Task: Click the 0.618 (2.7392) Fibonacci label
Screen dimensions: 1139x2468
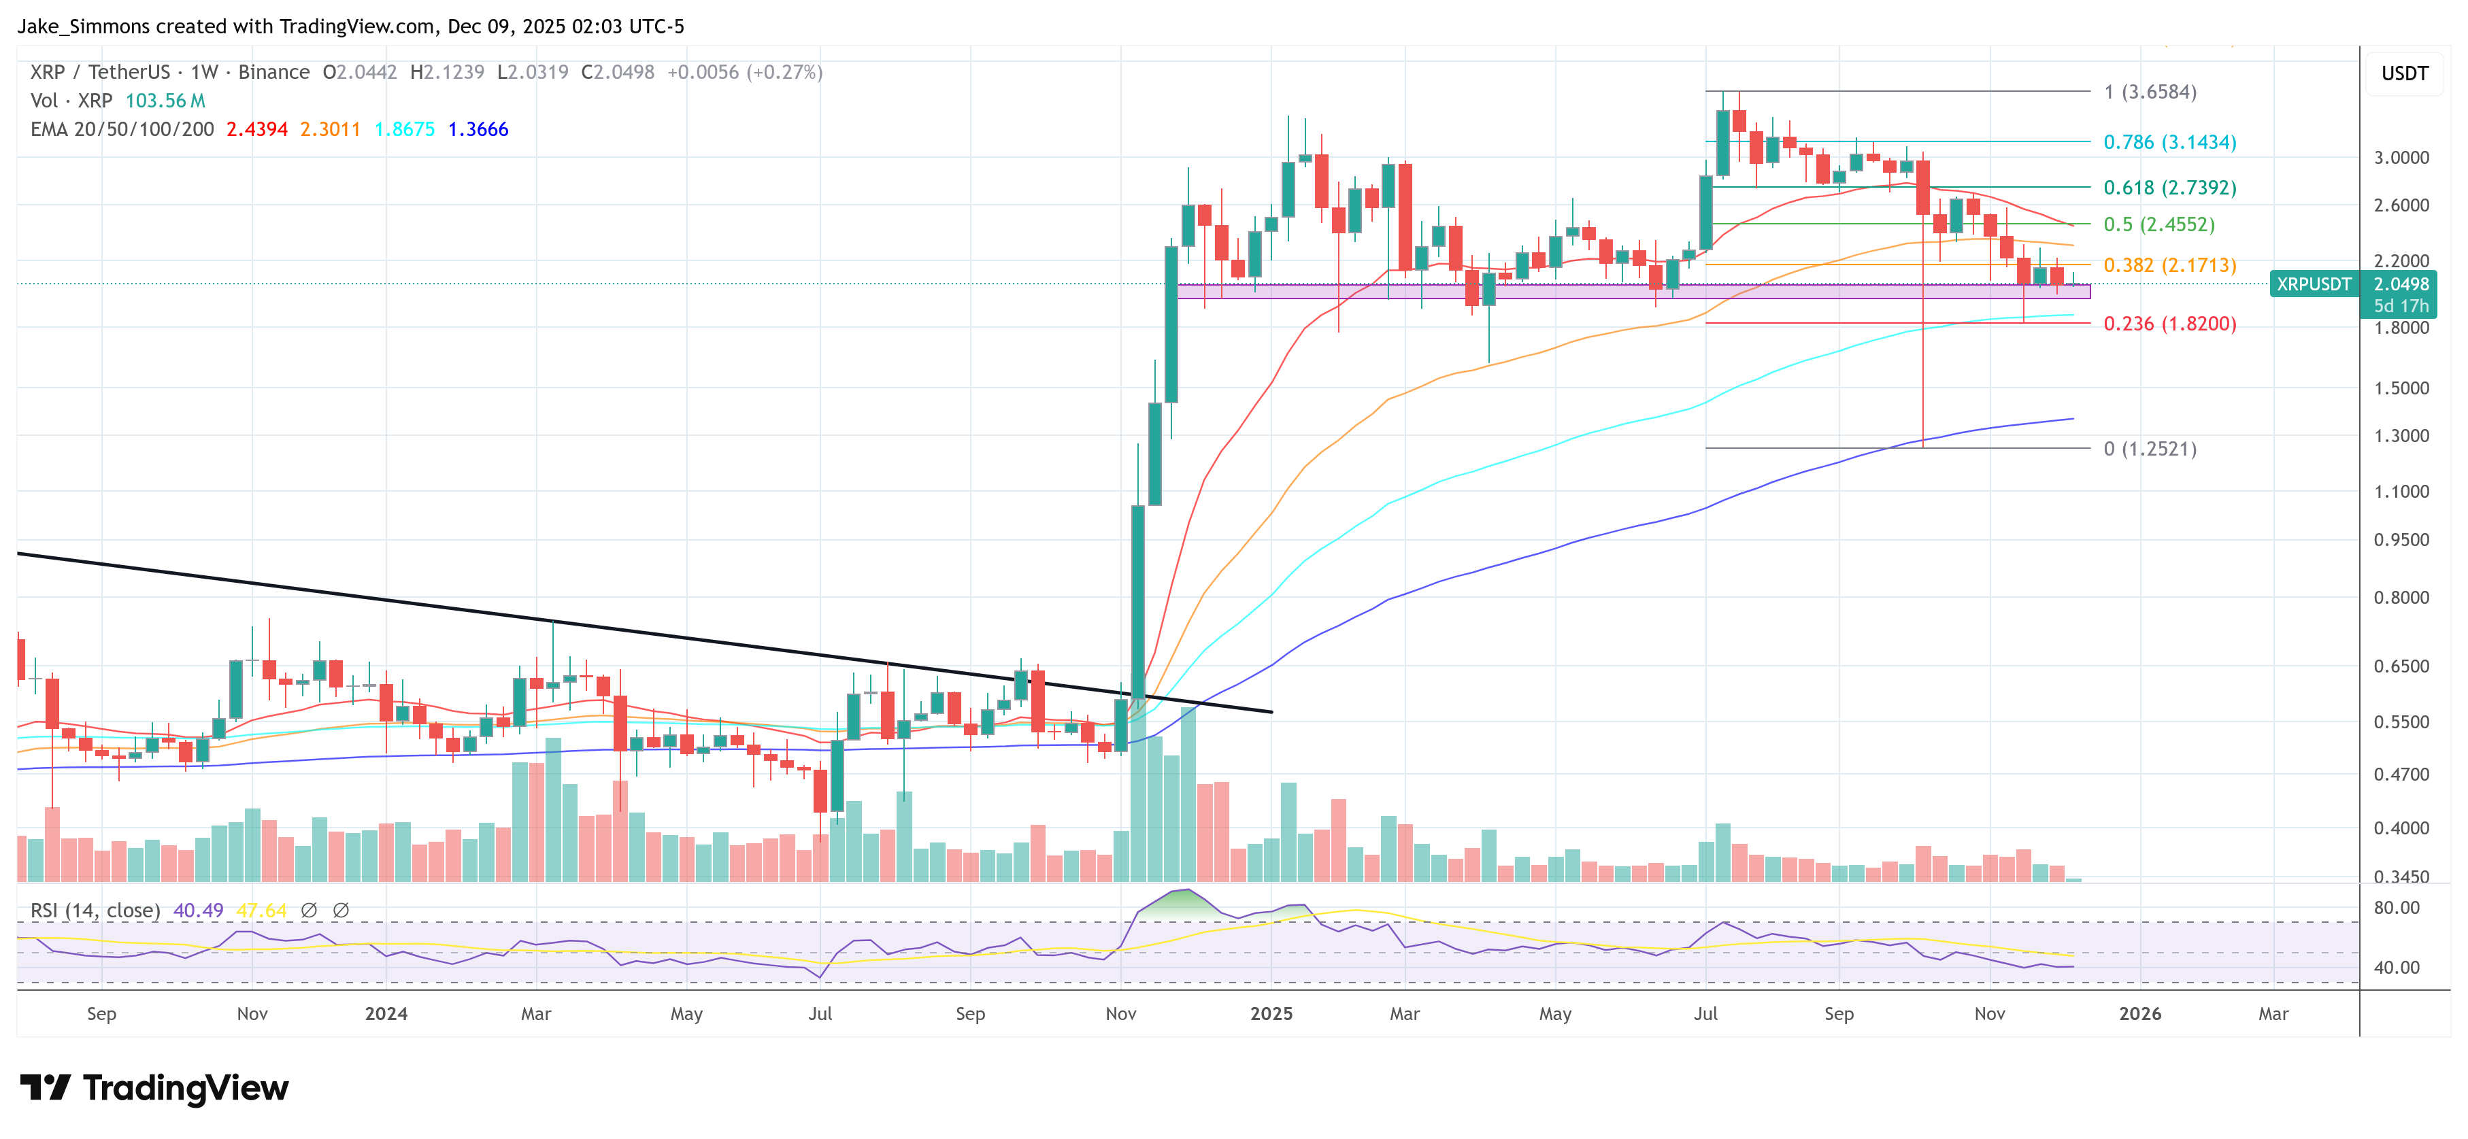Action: click(x=2169, y=188)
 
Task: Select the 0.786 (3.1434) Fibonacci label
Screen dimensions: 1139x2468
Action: click(x=2169, y=141)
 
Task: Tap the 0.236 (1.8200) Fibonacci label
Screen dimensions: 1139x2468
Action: click(x=2169, y=324)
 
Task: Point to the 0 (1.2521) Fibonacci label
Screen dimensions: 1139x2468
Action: click(x=2149, y=448)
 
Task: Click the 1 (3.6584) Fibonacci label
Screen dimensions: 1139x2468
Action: click(x=2149, y=92)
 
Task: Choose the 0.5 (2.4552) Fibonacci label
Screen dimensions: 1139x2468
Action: click(x=2158, y=224)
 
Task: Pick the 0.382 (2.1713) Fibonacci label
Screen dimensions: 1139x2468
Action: click(x=2169, y=265)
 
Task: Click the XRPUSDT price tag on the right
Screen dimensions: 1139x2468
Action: click(x=2313, y=284)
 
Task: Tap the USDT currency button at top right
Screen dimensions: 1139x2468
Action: click(x=2404, y=73)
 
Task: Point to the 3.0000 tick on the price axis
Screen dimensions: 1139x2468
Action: click(x=2400, y=158)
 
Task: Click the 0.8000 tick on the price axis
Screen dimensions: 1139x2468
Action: click(x=2400, y=598)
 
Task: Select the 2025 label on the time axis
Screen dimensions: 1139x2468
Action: click(x=1271, y=1013)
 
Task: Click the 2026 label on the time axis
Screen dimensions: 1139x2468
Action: click(x=2139, y=1013)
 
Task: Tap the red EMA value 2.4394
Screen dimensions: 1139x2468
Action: click(x=256, y=129)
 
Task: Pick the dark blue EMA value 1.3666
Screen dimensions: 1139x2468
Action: click(x=478, y=129)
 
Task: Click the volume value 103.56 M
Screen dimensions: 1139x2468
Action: click(x=165, y=101)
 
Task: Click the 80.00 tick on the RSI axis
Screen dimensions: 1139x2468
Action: click(x=2396, y=907)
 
